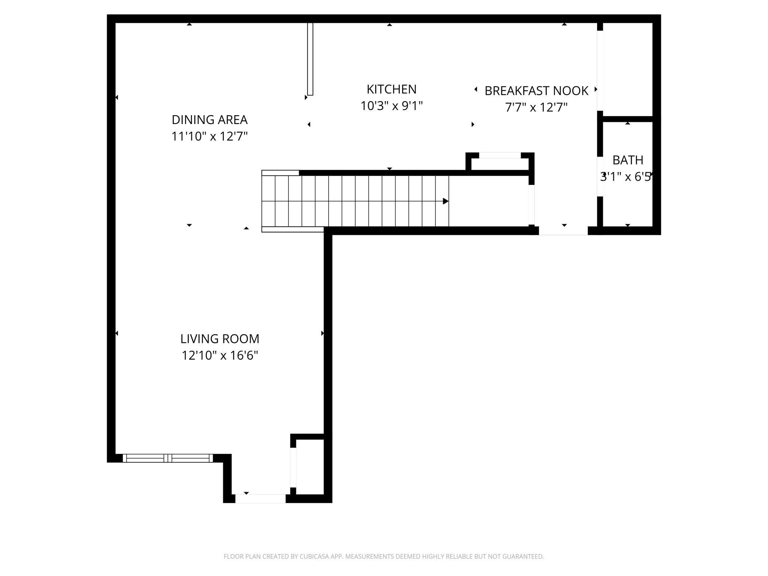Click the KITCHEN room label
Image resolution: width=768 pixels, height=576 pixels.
tap(391, 89)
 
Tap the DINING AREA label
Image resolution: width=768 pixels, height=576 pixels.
tap(209, 120)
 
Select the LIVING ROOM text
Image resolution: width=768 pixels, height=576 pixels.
tap(220, 339)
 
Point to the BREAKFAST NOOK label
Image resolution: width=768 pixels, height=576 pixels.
tap(536, 91)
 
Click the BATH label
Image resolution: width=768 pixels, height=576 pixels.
tap(628, 160)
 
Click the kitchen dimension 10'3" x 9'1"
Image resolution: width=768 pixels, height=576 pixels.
tap(391, 106)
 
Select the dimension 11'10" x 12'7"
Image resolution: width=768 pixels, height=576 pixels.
tap(209, 136)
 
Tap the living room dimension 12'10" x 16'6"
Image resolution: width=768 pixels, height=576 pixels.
tap(220, 355)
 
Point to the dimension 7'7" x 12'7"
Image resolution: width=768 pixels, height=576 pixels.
tap(536, 107)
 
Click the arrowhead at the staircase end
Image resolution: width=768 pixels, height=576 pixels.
tap(446, 201)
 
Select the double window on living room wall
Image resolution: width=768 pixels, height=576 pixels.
tap(168, 458)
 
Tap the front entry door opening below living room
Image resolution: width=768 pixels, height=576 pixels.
tap(261, 498)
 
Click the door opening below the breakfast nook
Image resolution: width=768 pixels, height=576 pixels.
tap(563, 231)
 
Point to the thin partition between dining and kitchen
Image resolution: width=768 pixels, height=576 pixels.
tap(310, 59)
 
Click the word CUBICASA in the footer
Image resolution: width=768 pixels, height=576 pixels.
tap(309, 556)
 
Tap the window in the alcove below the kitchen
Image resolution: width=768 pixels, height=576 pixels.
tap(500, 155)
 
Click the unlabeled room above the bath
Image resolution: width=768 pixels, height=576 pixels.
tap(628, 69)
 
